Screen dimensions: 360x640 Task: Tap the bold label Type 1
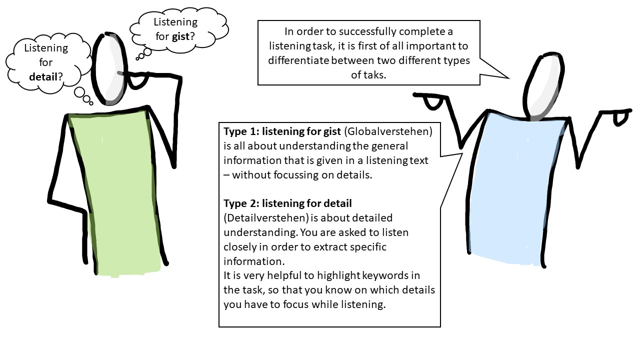(239, 132)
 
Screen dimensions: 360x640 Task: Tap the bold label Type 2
(240, 203)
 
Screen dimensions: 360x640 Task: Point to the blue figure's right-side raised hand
(620, 118)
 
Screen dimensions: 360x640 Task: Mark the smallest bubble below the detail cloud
(91, 102)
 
